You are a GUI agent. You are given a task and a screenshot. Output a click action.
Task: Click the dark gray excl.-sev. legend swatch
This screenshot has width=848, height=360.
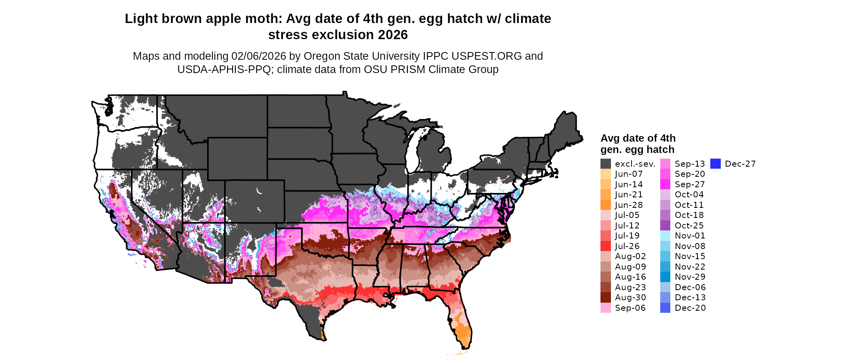pos(605,164)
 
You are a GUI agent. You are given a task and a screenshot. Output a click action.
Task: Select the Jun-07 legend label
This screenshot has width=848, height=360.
pos(628,174)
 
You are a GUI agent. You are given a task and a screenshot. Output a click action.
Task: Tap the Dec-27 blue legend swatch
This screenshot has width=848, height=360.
pos(715,164)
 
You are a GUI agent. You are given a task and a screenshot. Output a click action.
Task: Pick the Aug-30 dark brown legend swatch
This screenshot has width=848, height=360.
pos(605,297)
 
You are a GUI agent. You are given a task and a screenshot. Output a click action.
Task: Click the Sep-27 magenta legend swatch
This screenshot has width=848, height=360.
pos(665,184)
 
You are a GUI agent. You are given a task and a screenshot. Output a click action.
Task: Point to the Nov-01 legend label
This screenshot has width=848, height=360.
pos(690,236)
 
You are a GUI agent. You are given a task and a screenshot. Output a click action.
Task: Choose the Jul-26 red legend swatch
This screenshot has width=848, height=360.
pos(605,246)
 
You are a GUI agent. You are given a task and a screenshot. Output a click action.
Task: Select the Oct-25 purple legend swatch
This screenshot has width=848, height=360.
pos(665,226)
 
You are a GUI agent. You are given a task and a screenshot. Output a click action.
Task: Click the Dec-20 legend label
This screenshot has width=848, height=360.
pos(690,308)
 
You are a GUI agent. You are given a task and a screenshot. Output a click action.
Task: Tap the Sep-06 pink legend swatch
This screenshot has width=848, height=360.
pos(605,308)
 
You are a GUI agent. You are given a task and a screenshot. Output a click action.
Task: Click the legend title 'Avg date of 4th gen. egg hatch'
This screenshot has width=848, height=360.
pos(638,144)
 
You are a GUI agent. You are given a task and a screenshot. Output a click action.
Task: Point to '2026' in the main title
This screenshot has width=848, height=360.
pos(393,35)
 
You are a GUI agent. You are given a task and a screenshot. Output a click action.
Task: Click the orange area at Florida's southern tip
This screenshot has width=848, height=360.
pos(464,334)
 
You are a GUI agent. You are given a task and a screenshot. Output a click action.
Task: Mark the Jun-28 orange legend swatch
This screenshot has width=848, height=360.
pos(605,205)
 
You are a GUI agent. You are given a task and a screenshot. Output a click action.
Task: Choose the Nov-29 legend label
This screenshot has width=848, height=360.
pos(690,277)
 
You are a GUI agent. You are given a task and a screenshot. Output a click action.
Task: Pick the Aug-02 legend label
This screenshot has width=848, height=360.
pos(630,256)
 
